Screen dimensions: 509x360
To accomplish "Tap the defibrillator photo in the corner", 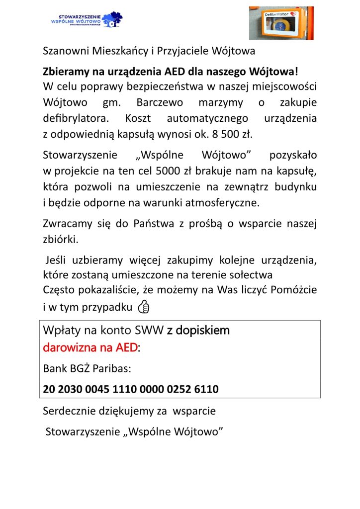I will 281,23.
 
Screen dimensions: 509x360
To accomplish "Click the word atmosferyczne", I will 226,203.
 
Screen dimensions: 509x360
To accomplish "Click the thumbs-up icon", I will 144,308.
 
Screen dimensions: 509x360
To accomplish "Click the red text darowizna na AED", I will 90,347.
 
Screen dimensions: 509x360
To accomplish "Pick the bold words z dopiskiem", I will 198,330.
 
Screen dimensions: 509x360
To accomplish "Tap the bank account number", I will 131,389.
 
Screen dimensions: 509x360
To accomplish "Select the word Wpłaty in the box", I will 63,330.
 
